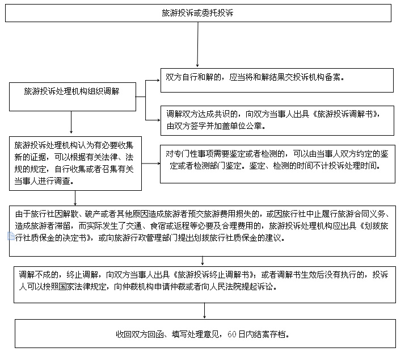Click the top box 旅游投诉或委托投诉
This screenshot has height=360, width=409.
click(x=198, y=13)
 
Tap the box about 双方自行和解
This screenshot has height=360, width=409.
click(x=276, y=80)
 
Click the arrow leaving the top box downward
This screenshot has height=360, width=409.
click(x=197, y=45)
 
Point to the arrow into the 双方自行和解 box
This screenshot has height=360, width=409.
click(x=152, y=81)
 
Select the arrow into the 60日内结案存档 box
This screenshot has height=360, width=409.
click(x=204, y=309)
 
